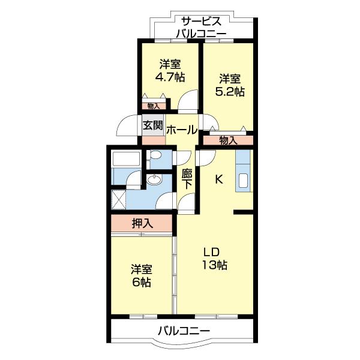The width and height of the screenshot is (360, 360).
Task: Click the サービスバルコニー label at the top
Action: [201, 27]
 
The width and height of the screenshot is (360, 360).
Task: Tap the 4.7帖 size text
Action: [170, 77]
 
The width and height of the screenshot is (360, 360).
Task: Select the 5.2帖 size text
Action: [230, 91]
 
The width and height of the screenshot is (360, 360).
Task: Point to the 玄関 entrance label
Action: [152, 126]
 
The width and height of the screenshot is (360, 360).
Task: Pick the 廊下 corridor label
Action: [187, 179]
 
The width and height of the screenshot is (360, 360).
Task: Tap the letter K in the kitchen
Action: [219, 178]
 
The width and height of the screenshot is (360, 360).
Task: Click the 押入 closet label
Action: [143, 224]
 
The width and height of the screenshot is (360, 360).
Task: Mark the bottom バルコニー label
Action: [184, 331]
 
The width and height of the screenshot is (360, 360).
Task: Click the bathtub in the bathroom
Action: [127, 160]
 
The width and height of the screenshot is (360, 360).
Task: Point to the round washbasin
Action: [154, 180]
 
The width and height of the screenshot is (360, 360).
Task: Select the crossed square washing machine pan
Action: [118, 197]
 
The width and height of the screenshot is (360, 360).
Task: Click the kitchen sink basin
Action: [244, 180]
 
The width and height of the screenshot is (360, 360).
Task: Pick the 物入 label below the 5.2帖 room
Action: [228, 140]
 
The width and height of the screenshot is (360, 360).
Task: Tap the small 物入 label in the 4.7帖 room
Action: [153, 106]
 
